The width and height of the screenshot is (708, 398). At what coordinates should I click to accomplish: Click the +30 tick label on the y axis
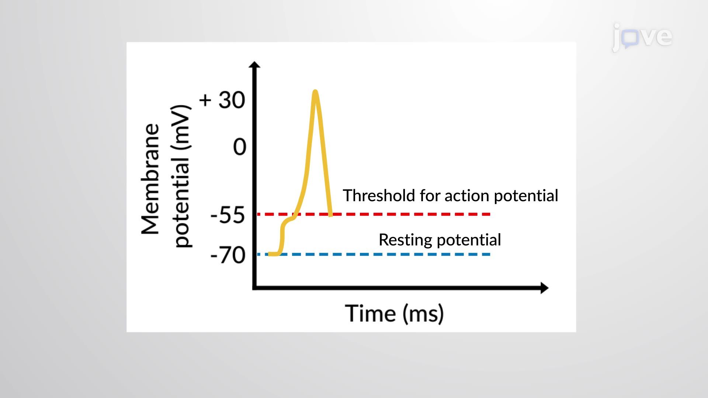tap(222, 100)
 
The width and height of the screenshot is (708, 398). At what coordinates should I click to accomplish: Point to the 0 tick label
tap(239, 147)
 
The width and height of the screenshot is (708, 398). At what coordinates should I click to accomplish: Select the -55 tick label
tap(227, 215)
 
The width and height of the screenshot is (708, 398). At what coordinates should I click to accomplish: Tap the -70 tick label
tap(228, 255)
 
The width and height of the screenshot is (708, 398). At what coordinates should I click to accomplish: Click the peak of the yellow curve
tap(315, 92)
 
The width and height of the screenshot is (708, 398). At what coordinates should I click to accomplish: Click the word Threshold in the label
tap(379, 196)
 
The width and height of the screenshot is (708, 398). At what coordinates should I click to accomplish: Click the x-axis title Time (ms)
tap(394, 314)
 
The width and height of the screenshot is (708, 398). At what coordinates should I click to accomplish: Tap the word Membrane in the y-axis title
tap(150, 179)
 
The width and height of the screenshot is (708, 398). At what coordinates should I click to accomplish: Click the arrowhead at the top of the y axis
tap(254, 64)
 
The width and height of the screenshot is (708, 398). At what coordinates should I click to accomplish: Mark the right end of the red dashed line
tap(489, 214)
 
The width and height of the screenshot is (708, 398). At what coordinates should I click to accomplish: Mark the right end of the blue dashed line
tap(489, 254)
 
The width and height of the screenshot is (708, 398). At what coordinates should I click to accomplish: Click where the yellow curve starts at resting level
tap(270, 254)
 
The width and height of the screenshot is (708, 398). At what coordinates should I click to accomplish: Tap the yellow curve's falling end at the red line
tap(330, 214)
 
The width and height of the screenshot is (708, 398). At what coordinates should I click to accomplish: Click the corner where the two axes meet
tap(254, 288)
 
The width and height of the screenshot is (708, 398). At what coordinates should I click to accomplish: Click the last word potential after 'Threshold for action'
tap(526, 196)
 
